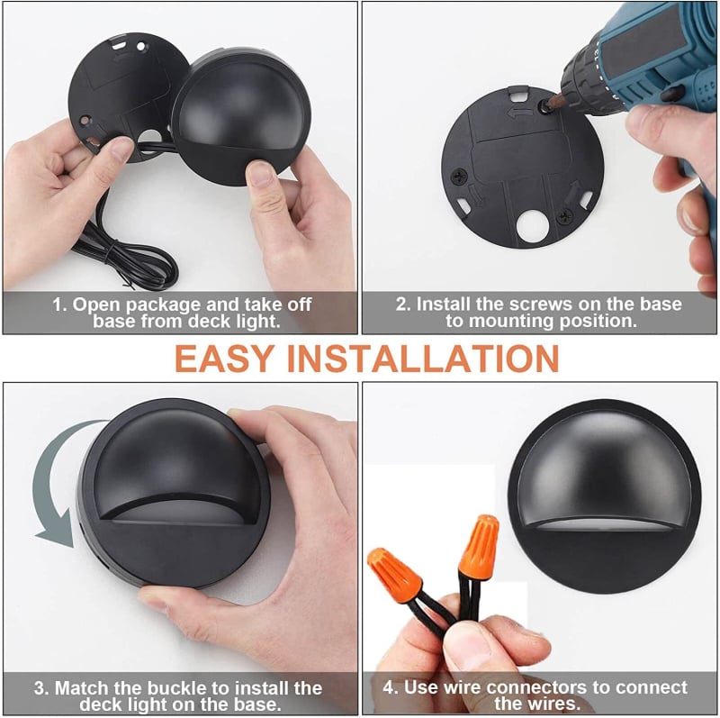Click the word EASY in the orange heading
224,358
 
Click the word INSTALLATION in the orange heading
423,358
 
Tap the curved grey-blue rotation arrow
50,487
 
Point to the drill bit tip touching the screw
546,106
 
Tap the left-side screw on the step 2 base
459,176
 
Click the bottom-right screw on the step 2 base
564,215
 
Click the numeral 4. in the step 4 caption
391,687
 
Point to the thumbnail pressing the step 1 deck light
260,173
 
